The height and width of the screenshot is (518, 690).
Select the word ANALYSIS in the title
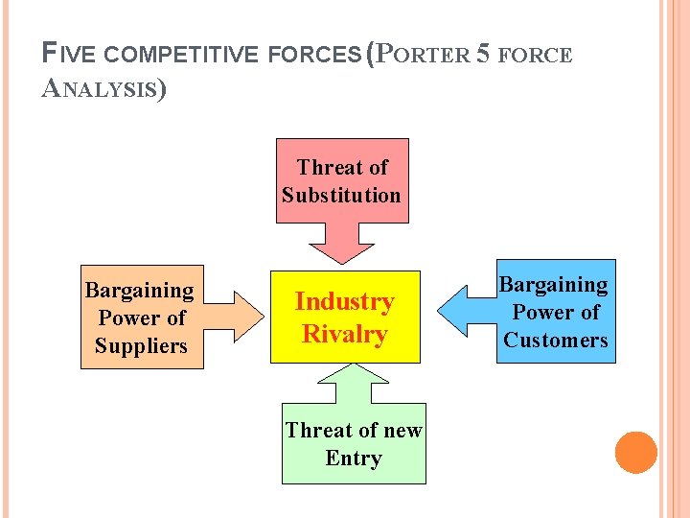point(104,90)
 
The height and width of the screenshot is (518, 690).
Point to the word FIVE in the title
point(67,56)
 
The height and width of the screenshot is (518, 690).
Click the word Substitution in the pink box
point(341,196)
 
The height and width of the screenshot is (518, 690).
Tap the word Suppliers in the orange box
point(141,346)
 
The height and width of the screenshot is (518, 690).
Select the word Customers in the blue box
point(556,341)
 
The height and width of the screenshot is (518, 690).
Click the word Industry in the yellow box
point(344,302)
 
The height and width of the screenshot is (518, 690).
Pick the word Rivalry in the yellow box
point(344,335)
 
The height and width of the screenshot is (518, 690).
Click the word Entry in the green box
point(354,459)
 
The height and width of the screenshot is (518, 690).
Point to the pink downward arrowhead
point(343,246)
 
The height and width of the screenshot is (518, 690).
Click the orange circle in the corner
point(636,453)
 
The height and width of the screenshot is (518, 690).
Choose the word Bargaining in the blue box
point(554,285)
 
